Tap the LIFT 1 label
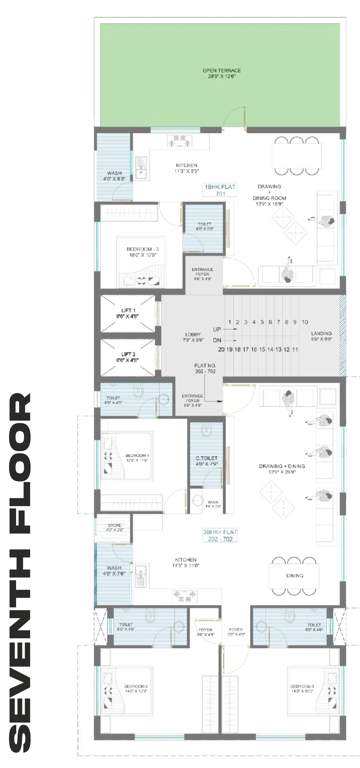tap(127, 311)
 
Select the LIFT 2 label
tap(127, 355)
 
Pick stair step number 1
tap(230, 322)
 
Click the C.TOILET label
tap(207, 461)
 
